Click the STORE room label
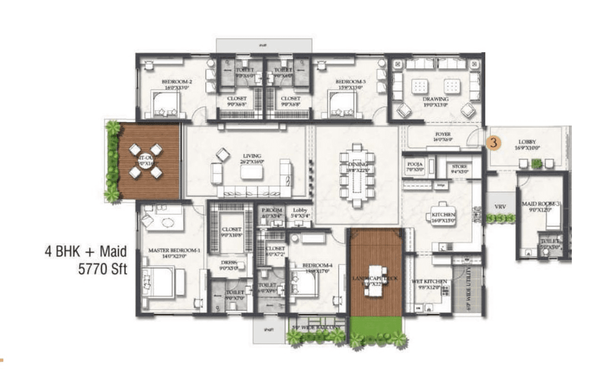point(459,166)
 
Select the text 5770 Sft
point(103,269)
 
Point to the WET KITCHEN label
point(429,281)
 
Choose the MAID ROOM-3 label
point(541,204)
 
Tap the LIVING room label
point(252,155)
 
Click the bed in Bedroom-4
point(304,284)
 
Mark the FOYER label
point(442,135)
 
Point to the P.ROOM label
point(272,210)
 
